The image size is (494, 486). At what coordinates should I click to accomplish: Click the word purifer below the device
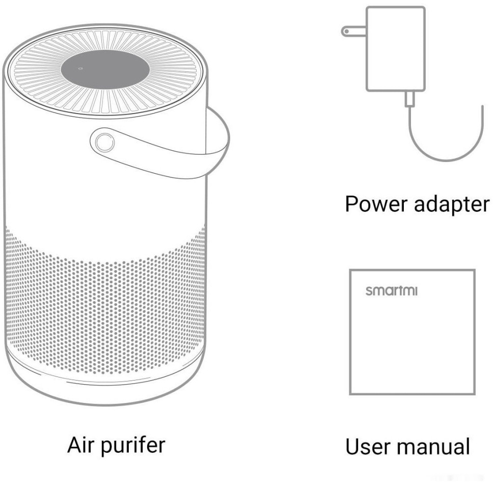pos(133,447)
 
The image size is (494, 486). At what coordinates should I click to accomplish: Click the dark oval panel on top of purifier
pos(105,70)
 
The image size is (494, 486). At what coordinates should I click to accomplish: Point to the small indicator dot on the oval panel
pos(80,68)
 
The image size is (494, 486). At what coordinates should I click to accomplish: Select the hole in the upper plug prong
pos(346,31)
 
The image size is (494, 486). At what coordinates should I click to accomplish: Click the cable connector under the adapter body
pos(409,99)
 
